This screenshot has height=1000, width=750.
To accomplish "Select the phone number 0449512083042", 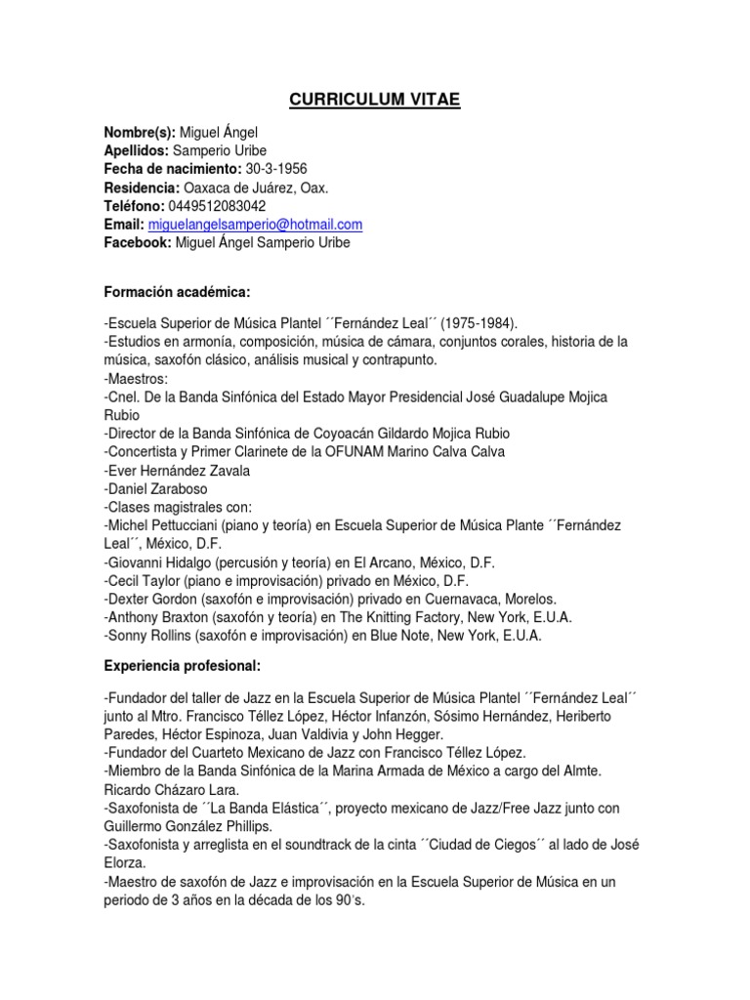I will [216, 206].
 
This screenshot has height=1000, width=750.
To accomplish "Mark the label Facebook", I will [137, 243].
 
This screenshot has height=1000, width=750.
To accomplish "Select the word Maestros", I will [139, 378].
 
